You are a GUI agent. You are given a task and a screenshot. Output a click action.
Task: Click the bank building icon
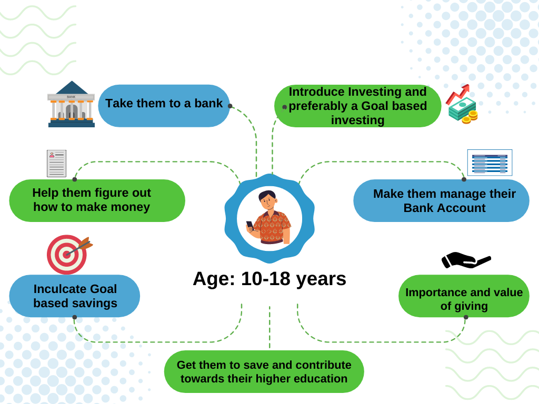(71, 104)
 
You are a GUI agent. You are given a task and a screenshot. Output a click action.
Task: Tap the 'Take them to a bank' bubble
(164, 106)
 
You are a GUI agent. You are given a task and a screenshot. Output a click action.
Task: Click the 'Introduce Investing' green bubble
(357, 106)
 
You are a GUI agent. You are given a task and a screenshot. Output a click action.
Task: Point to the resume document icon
(56, 164)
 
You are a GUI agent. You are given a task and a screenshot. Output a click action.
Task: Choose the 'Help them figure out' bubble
(97, 200)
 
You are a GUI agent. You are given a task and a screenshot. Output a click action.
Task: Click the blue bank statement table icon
(490, 163)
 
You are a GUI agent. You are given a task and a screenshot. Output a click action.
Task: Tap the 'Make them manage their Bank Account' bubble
(442, 200)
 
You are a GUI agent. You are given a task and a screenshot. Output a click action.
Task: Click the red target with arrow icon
(69, 255)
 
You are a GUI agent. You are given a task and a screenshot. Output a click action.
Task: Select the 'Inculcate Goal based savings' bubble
(75, 296)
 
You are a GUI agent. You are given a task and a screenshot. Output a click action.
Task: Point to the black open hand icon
(466, 260)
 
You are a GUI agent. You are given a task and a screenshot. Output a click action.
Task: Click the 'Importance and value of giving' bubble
(464, 296)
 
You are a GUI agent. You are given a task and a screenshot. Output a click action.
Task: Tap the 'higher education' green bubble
(264, 371)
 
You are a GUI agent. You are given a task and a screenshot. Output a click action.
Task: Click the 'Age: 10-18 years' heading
(269, 279)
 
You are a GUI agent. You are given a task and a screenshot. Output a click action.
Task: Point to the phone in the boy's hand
(249, 225)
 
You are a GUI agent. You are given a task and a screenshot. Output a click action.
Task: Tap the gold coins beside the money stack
(470, 117)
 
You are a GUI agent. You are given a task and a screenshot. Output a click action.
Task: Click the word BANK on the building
(71, 97)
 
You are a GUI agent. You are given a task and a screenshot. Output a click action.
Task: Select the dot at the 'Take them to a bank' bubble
(231, 106)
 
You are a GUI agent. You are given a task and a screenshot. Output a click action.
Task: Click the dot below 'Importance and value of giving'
(466, 317)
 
